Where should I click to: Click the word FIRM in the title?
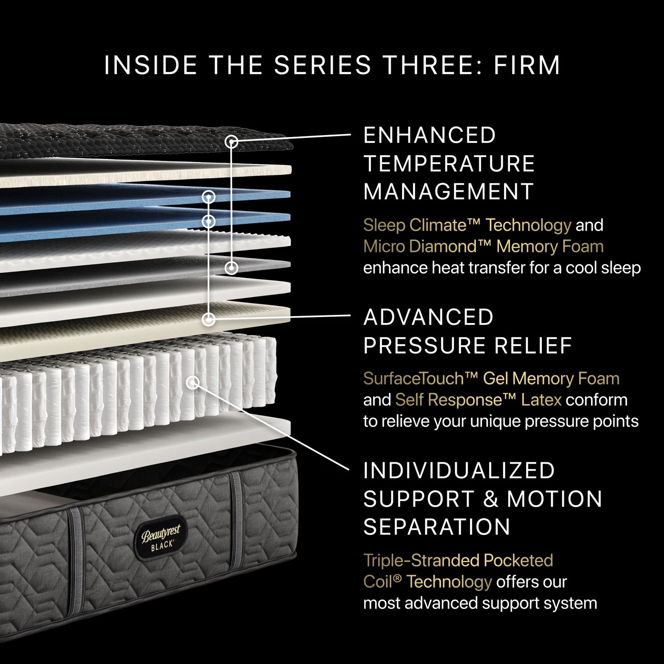coord(527,65)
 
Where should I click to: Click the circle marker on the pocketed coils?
coord(193,382)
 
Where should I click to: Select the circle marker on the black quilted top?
coord(232,142)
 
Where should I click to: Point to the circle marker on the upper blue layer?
coord(209,197)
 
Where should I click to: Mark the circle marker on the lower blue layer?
coord(209,221)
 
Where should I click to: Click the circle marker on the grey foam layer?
coord(232,267)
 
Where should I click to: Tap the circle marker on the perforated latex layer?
coord(209,319)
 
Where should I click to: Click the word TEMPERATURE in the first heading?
coord(449,164)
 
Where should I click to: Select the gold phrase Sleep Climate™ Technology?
coord(467,225)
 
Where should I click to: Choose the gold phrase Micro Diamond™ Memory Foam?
coord(483,247)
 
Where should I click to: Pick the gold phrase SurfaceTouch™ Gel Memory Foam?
coord(491,379)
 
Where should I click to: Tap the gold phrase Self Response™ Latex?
coord(478,400)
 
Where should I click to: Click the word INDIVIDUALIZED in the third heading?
coord(459,471)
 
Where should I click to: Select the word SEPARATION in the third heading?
coord(437,527)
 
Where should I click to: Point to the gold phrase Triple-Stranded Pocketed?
coord(458,561)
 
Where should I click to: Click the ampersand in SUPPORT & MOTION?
coord(491,499)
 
